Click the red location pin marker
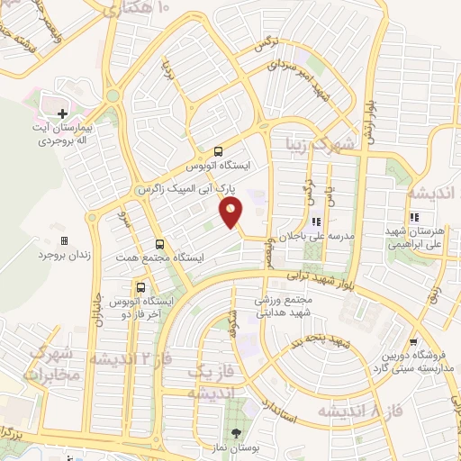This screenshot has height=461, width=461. (x=231, y=212)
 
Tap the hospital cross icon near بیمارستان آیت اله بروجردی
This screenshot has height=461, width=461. (x=62, y=114)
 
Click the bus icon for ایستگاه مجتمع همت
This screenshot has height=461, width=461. (x=159, y=243)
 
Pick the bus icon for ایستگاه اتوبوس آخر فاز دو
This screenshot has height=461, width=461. (x=140, y=286)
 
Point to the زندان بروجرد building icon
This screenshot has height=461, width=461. (x=63, y=240)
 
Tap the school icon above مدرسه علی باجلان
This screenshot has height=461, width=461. (x=316, y=221)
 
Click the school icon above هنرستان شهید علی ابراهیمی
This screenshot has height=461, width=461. (x=414, y=217)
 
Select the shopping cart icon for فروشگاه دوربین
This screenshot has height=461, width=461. (x=413, y=342)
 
